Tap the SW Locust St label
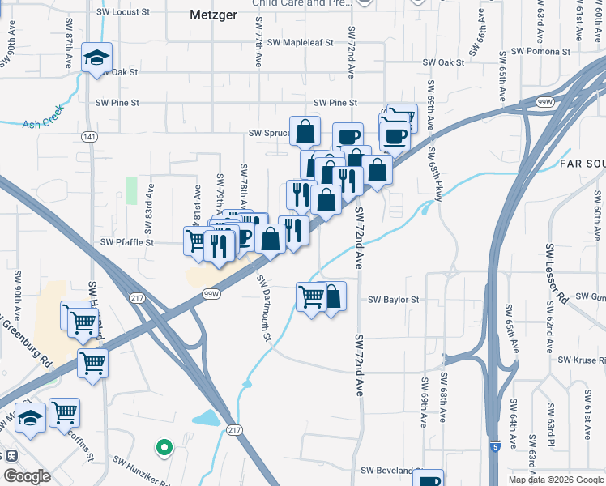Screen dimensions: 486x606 [x=122, y=13]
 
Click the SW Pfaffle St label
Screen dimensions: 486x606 [x=127, y=242]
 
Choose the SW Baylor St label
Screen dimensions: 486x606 [x=394, y=300]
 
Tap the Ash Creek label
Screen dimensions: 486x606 [x=42, y=124]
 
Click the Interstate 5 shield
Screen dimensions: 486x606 [x=495, y=446]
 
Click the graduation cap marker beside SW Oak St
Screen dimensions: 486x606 [x=97, y=58]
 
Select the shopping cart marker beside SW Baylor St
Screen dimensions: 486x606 [x=312, y=297]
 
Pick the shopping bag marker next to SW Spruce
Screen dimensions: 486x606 [x=305, y=130]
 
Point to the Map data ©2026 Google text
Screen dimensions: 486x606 [x=556, y=480]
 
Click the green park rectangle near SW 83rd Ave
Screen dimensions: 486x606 [x=131, y=190]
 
